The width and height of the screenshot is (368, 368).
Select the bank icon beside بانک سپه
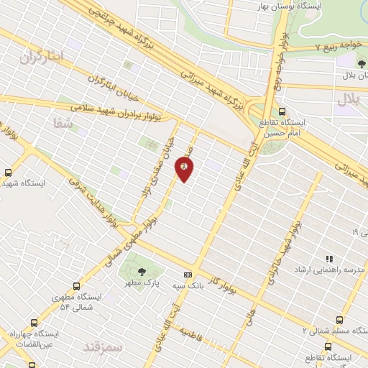pyautogui.click(x=188, y=275)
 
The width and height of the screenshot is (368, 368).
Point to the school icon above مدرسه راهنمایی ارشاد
pyautogui.click(x=329, y=259)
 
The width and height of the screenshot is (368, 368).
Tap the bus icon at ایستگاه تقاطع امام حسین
pyautogui.click(x=282, y=111)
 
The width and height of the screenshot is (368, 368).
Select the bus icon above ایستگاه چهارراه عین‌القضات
pyautogui.click(x=33, y=323)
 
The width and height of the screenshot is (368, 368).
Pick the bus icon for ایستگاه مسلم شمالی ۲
pyautogui.click(x=339, y=321)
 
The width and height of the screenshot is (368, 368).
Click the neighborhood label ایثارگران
pyautogui.click(x=42, y=57)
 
